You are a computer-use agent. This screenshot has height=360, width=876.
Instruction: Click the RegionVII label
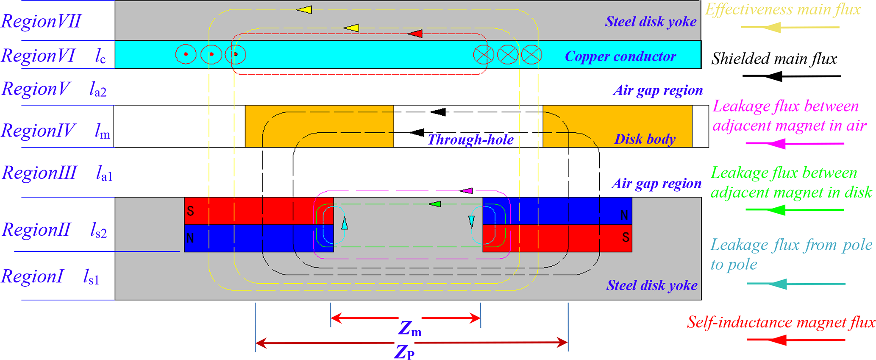[x=41, y=21]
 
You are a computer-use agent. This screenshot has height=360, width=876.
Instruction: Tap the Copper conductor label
[x=620, y=56]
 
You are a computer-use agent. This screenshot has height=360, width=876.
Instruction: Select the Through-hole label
[x=470, y=140]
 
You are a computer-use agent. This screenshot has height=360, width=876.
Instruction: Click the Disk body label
[x=645, y=139]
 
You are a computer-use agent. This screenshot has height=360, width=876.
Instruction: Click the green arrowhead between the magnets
[x=435, y=204]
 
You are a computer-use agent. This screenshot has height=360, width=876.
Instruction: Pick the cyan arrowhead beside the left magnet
[x=345, y=223]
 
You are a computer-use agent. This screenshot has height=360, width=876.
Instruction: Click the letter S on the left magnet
[x=190, y=211]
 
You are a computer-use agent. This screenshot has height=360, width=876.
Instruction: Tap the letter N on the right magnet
[x=624, y=215]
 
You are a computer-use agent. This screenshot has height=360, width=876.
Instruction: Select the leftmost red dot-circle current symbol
[x=186, y=54]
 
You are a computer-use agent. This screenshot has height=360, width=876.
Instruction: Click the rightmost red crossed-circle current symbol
[x=531, y=54]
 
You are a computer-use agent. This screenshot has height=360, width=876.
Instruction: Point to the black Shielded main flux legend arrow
[x=791, y=76]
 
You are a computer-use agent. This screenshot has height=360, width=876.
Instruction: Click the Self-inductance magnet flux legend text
[x=781, y=322]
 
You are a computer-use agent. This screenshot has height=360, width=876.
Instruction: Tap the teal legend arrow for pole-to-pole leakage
[x=795, y=284]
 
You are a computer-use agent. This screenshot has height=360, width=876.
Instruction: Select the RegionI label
[x=32, y=276]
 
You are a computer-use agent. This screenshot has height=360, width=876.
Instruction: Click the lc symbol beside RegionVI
[x=100, y=56]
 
